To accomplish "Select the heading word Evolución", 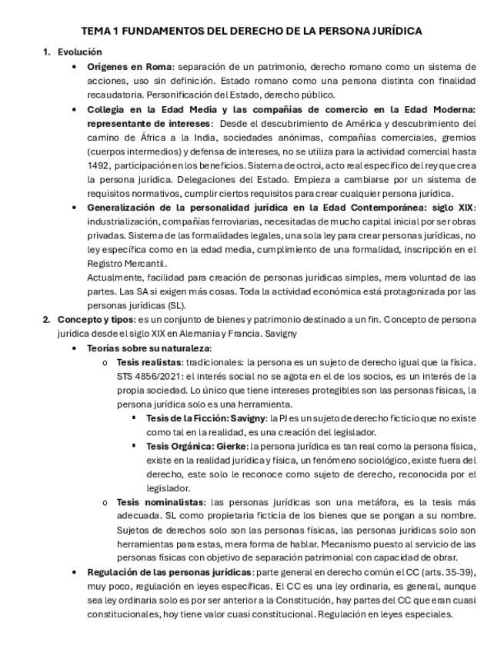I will point(79,52).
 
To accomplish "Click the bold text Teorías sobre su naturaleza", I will point(149,348).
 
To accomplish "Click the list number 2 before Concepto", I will point(46,320).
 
